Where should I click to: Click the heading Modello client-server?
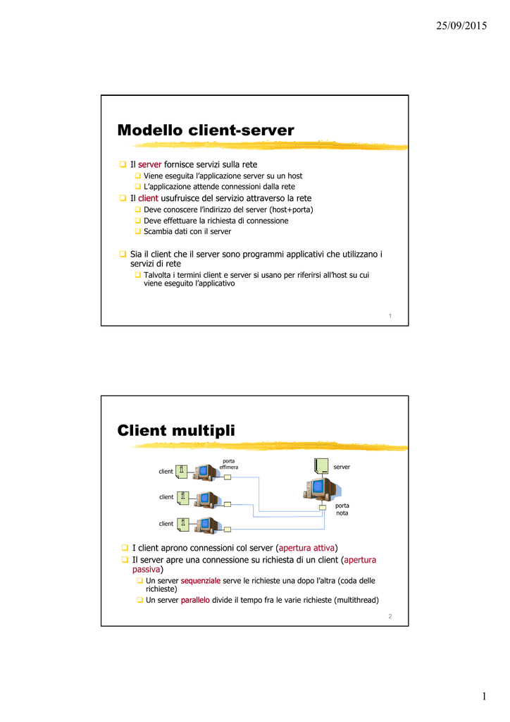tap(205, 130)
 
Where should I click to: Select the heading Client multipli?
tap(175, 431)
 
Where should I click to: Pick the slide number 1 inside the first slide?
tap(390, 316)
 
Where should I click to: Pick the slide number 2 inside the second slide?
tap(390, 616)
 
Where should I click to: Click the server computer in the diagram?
tap(321, 489)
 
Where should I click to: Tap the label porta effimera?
tap(228, 464)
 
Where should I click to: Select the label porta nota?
tap(342, 509)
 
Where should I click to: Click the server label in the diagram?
tap(342, 467)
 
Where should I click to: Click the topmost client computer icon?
tap(209, 473)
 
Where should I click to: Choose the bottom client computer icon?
tap(209, 525)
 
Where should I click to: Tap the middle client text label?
tap(166, 497)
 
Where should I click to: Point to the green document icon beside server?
tap(321, 465)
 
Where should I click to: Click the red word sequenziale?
tap(200, 581)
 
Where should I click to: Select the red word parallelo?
tap(195, 600)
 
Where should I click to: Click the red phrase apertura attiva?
tap(306, 548)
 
